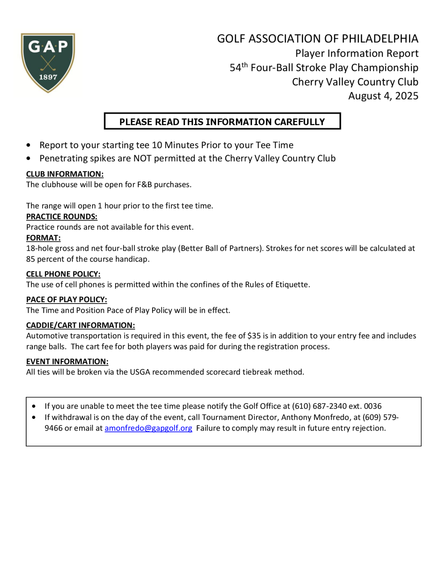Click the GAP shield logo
48,62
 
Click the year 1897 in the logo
48,77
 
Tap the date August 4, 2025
383,96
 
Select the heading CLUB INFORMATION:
65,174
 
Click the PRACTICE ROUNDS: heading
62,216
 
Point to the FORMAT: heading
43,238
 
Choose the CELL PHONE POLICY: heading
63,274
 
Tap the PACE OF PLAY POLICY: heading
67,300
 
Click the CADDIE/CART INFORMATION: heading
80,325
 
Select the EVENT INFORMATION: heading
67,361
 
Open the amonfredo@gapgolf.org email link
148,428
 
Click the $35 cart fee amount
254,336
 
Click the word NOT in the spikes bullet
143,158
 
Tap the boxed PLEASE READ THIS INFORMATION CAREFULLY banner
222,121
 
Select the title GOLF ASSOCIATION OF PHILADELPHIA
318,39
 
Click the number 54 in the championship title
235,68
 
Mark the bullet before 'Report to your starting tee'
28,145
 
